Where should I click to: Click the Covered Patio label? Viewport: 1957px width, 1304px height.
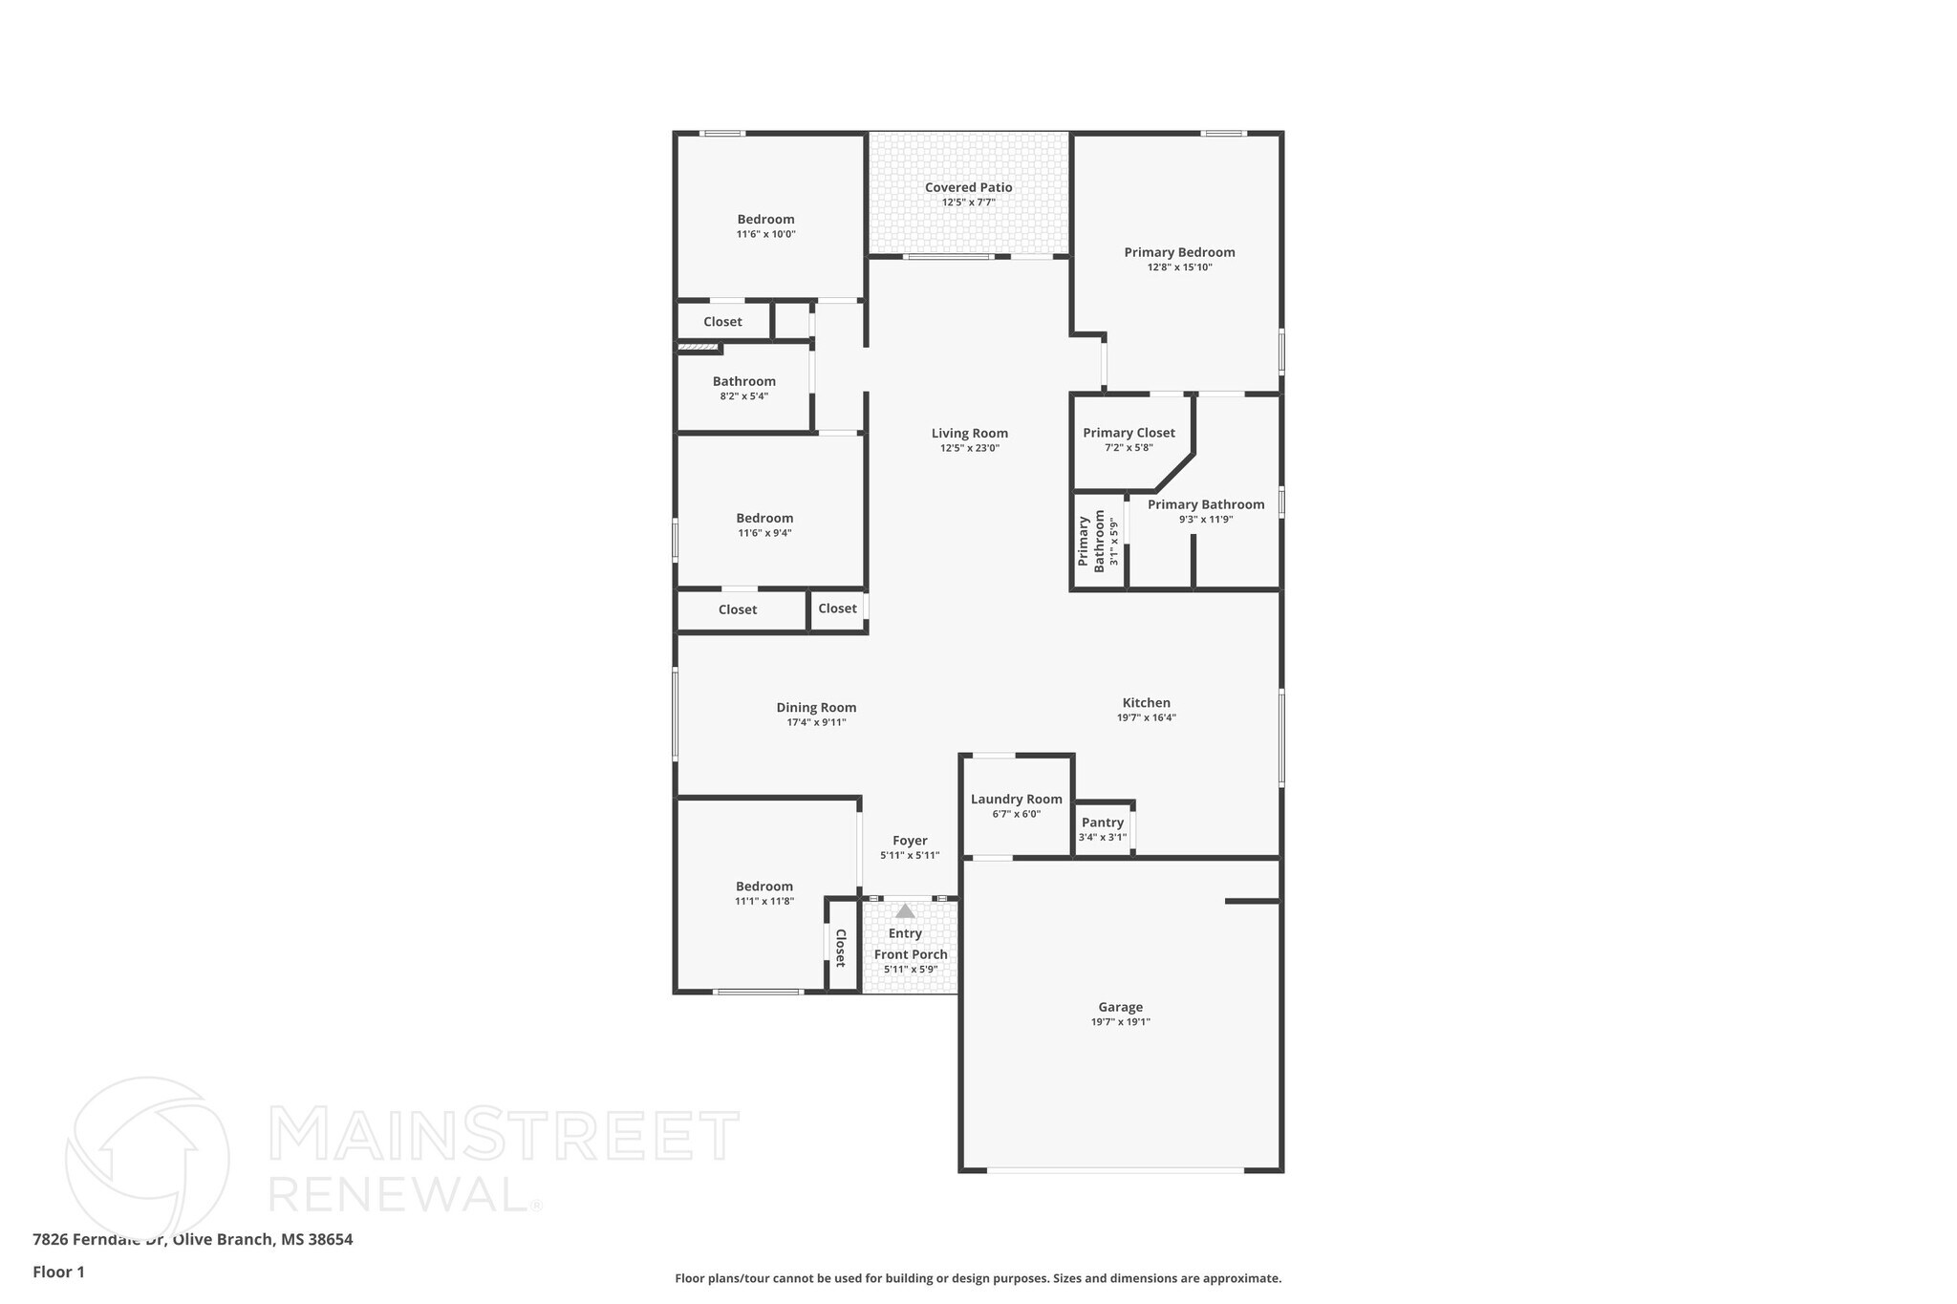tap(968, 188)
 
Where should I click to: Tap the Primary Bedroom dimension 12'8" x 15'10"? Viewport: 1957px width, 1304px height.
tap(1179, 267)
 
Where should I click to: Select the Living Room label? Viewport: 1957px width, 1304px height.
tap(969, 434)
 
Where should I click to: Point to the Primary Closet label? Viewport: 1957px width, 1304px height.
tap(1129, 433)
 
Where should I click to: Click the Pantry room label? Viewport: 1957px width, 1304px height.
tap(1102, 823)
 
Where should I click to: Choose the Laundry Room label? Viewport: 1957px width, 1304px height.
tap(1016, 800)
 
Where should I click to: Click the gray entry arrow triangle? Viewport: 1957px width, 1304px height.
tap(905, 911)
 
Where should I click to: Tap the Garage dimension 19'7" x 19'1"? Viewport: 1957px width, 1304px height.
tap(1120, 1022)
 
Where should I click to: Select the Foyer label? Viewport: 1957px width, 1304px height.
tap(910, 841)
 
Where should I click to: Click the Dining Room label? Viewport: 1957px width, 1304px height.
tap(816, 708)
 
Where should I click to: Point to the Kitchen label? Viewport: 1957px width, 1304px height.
tap(1146, 703)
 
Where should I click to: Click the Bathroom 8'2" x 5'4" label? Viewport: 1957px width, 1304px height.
tap(743, 381)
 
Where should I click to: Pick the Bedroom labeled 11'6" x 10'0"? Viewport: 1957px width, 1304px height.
tap(765, 220)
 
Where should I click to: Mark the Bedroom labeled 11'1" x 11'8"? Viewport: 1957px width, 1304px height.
tap(763, 887)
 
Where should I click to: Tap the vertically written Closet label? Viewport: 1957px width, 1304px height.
tap(841, 947)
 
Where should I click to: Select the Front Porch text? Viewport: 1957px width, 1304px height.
tap(911, 954)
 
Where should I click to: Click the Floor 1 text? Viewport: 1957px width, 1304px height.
tap(58, 1272)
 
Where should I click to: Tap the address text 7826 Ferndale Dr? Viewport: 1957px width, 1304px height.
tap(100, 1239)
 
